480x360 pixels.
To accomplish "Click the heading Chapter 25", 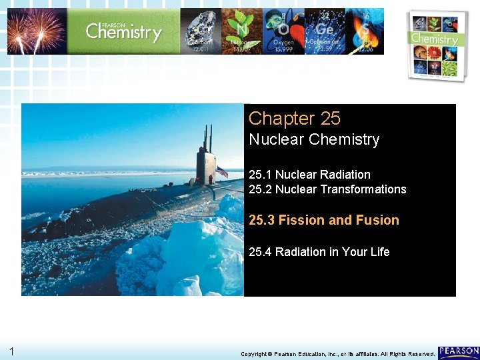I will pyautogui.click(x=294, y=119).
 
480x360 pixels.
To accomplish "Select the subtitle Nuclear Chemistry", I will pyautogui.click(x=313, y=140).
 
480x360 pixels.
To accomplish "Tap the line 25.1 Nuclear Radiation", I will pyautogui.click(x=309, y=175).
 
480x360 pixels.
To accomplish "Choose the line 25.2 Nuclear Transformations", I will pyautogui.click(x=327, y=189).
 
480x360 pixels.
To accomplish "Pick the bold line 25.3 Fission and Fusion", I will pyautogui.click(x=323, y=220).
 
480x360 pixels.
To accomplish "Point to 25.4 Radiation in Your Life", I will pyautogui.click(x=319, y=252).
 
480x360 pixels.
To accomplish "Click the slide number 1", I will pyautogui.click(x=12, y=351).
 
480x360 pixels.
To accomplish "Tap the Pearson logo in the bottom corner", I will pyautogui.click(x=459, y=351).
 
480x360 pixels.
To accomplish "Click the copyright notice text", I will pyautogui.click(x=337, y=354).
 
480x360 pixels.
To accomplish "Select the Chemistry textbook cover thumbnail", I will pyautogui.click(x=436, y=45).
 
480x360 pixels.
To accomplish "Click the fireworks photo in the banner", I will pyautogui.click(x=37, y=31).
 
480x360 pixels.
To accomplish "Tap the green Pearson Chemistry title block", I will pyautogui.click(x=124, y=31).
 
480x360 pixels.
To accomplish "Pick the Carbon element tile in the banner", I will pyautogui.click(x=201, y=31).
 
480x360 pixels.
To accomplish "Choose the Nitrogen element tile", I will pyautogui.click(x=242, y=31).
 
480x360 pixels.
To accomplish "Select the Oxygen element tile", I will pyautogui.click(x=283, y=31).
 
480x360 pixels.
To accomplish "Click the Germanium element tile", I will pyautogui.click(x=325, y=31).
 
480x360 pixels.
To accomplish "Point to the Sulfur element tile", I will pyautogui.click(x=364, y=31).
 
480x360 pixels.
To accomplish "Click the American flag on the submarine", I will pyautogui.click(x=221, y=172).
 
